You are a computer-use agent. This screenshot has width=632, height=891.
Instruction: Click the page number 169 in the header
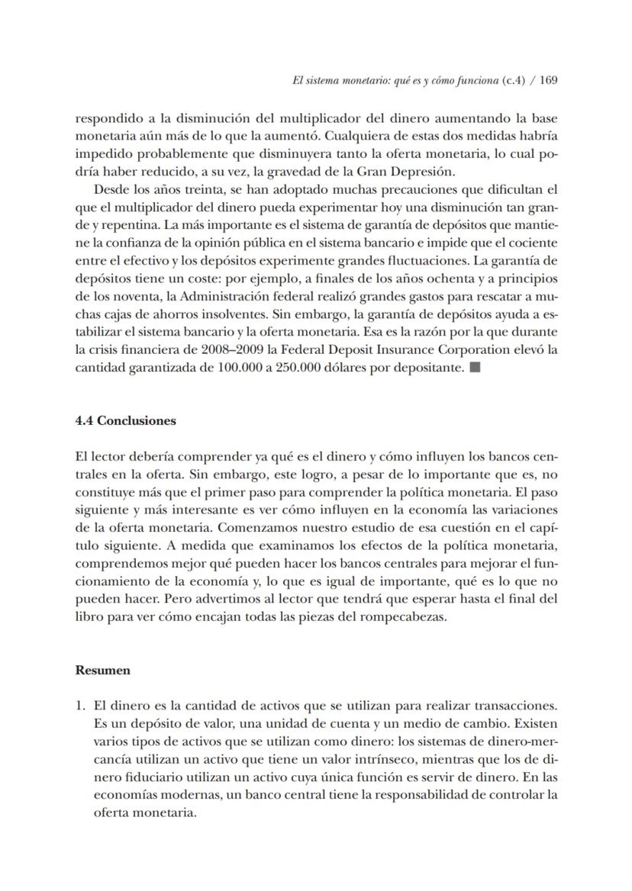548,80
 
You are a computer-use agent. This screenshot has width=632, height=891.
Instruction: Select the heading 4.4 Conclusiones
126,420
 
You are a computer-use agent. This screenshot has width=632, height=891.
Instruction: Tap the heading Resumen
103,671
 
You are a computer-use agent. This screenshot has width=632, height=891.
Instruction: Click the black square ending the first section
475,368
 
